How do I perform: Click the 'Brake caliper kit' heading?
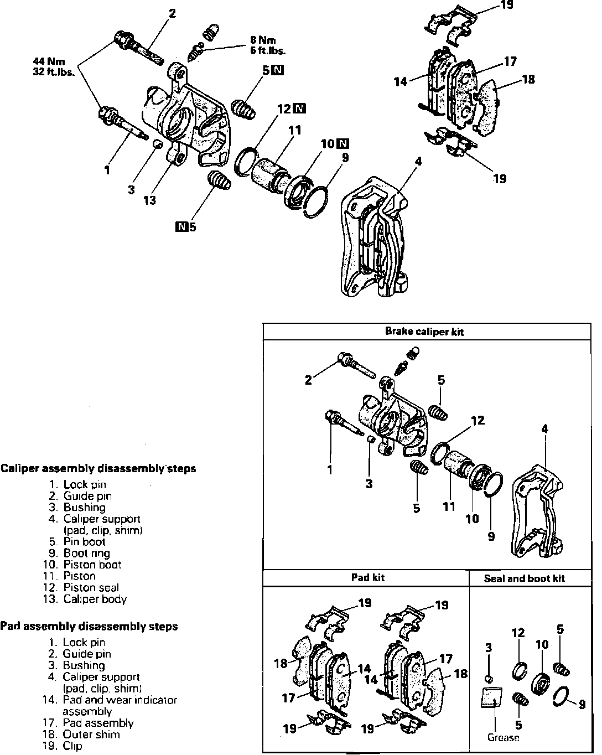point(424,332)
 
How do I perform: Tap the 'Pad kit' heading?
point(367,578)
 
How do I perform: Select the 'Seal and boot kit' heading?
point(524,578)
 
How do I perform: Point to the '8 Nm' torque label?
point(262,40)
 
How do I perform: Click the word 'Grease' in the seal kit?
point(503,738)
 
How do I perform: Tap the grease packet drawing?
point(491,697)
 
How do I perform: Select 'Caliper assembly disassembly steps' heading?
point(98,469)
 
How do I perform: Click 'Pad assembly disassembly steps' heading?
point(89,627)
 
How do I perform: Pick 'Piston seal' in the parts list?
point(91,587)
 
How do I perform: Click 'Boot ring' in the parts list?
point(86,553)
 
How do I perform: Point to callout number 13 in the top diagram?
point(150,200)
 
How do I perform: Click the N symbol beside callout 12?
point(299,108)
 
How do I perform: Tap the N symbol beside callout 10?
point(343,144)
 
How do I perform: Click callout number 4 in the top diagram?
point(418,161)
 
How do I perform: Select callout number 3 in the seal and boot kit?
point(489,647)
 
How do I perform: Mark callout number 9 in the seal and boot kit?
point(582,705)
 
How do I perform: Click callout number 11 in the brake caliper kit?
point(449,506)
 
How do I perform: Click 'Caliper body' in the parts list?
point(95,599)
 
